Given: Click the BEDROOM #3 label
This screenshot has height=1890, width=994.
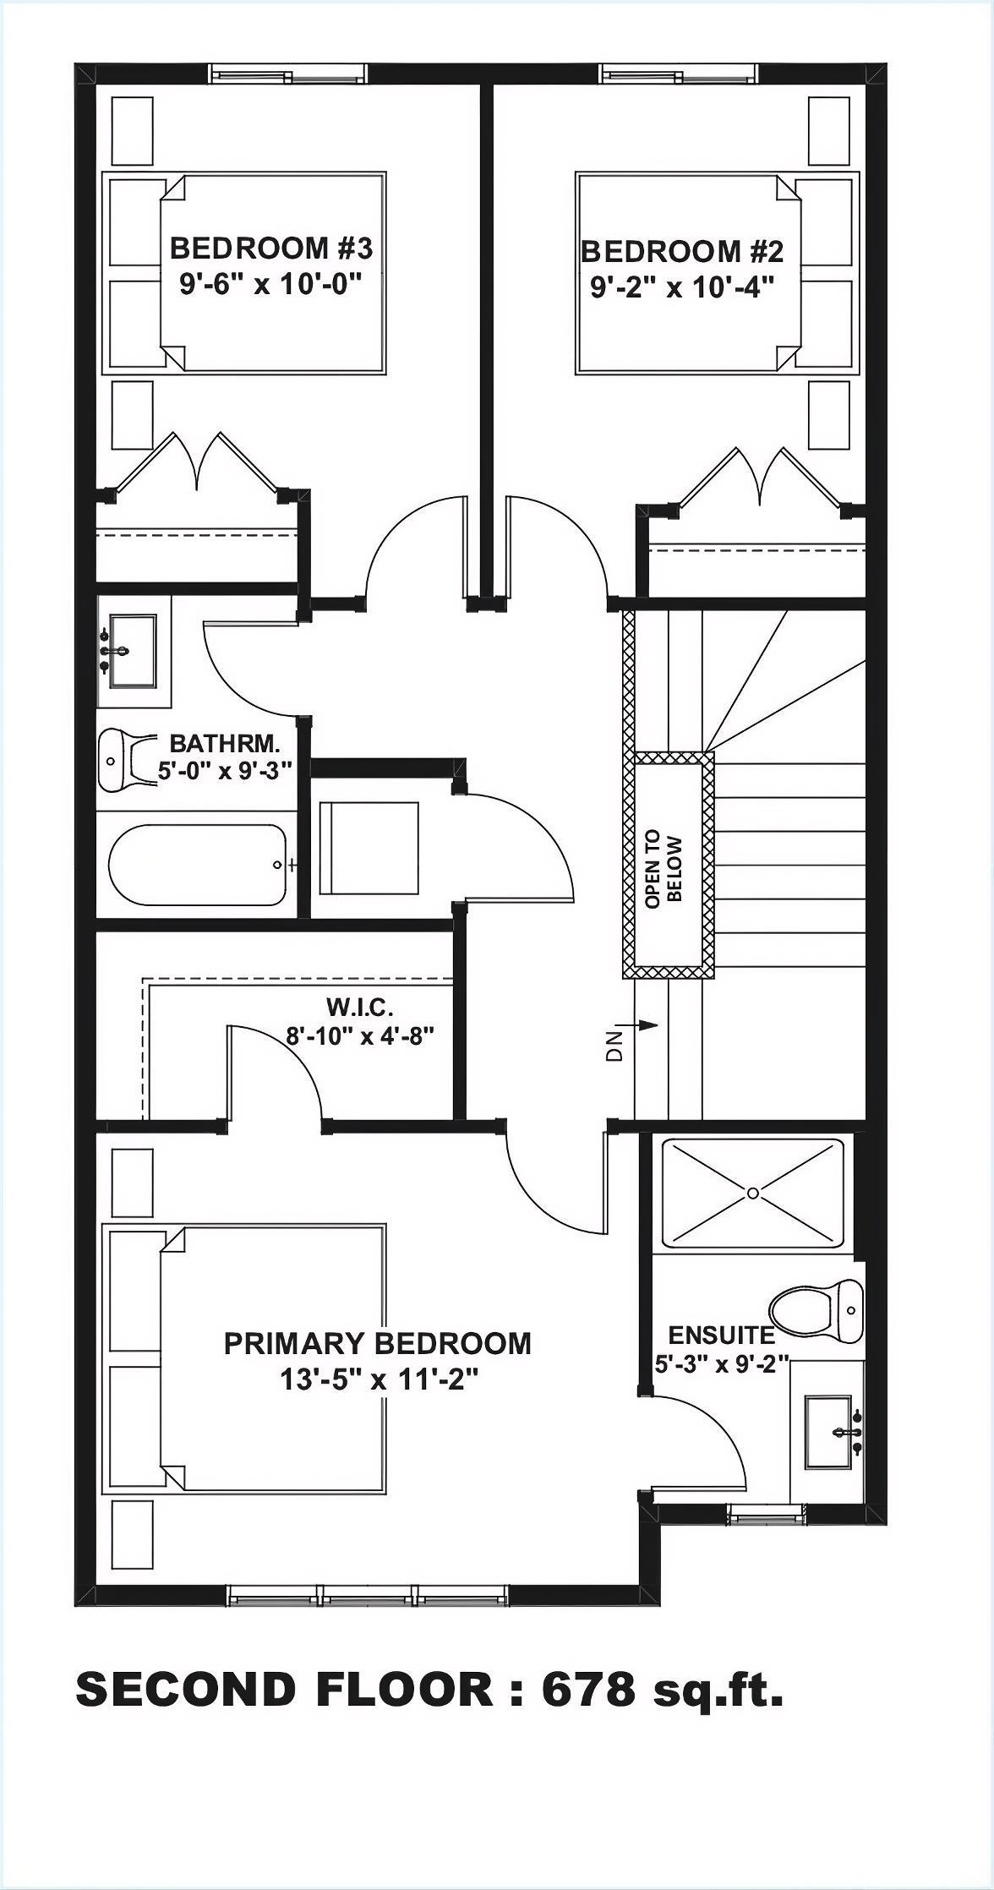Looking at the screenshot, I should point(270,249).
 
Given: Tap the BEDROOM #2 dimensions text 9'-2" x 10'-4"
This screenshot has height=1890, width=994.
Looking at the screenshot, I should point(683,288).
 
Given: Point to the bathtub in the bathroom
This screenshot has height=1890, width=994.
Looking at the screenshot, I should point(196,866).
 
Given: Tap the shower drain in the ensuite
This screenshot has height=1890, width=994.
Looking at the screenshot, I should point(751,1193).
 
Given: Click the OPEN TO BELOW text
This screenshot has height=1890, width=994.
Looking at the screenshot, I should point(664,871).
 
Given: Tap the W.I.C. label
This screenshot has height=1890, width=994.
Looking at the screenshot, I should point(360,1007).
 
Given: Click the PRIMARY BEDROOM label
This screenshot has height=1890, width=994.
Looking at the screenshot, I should point(377,1343).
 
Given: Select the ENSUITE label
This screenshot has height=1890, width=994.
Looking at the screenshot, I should point(721,1336).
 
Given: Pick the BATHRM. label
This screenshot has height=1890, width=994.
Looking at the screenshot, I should point(224,744).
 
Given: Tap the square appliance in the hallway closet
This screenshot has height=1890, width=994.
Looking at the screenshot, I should point(369,849).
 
